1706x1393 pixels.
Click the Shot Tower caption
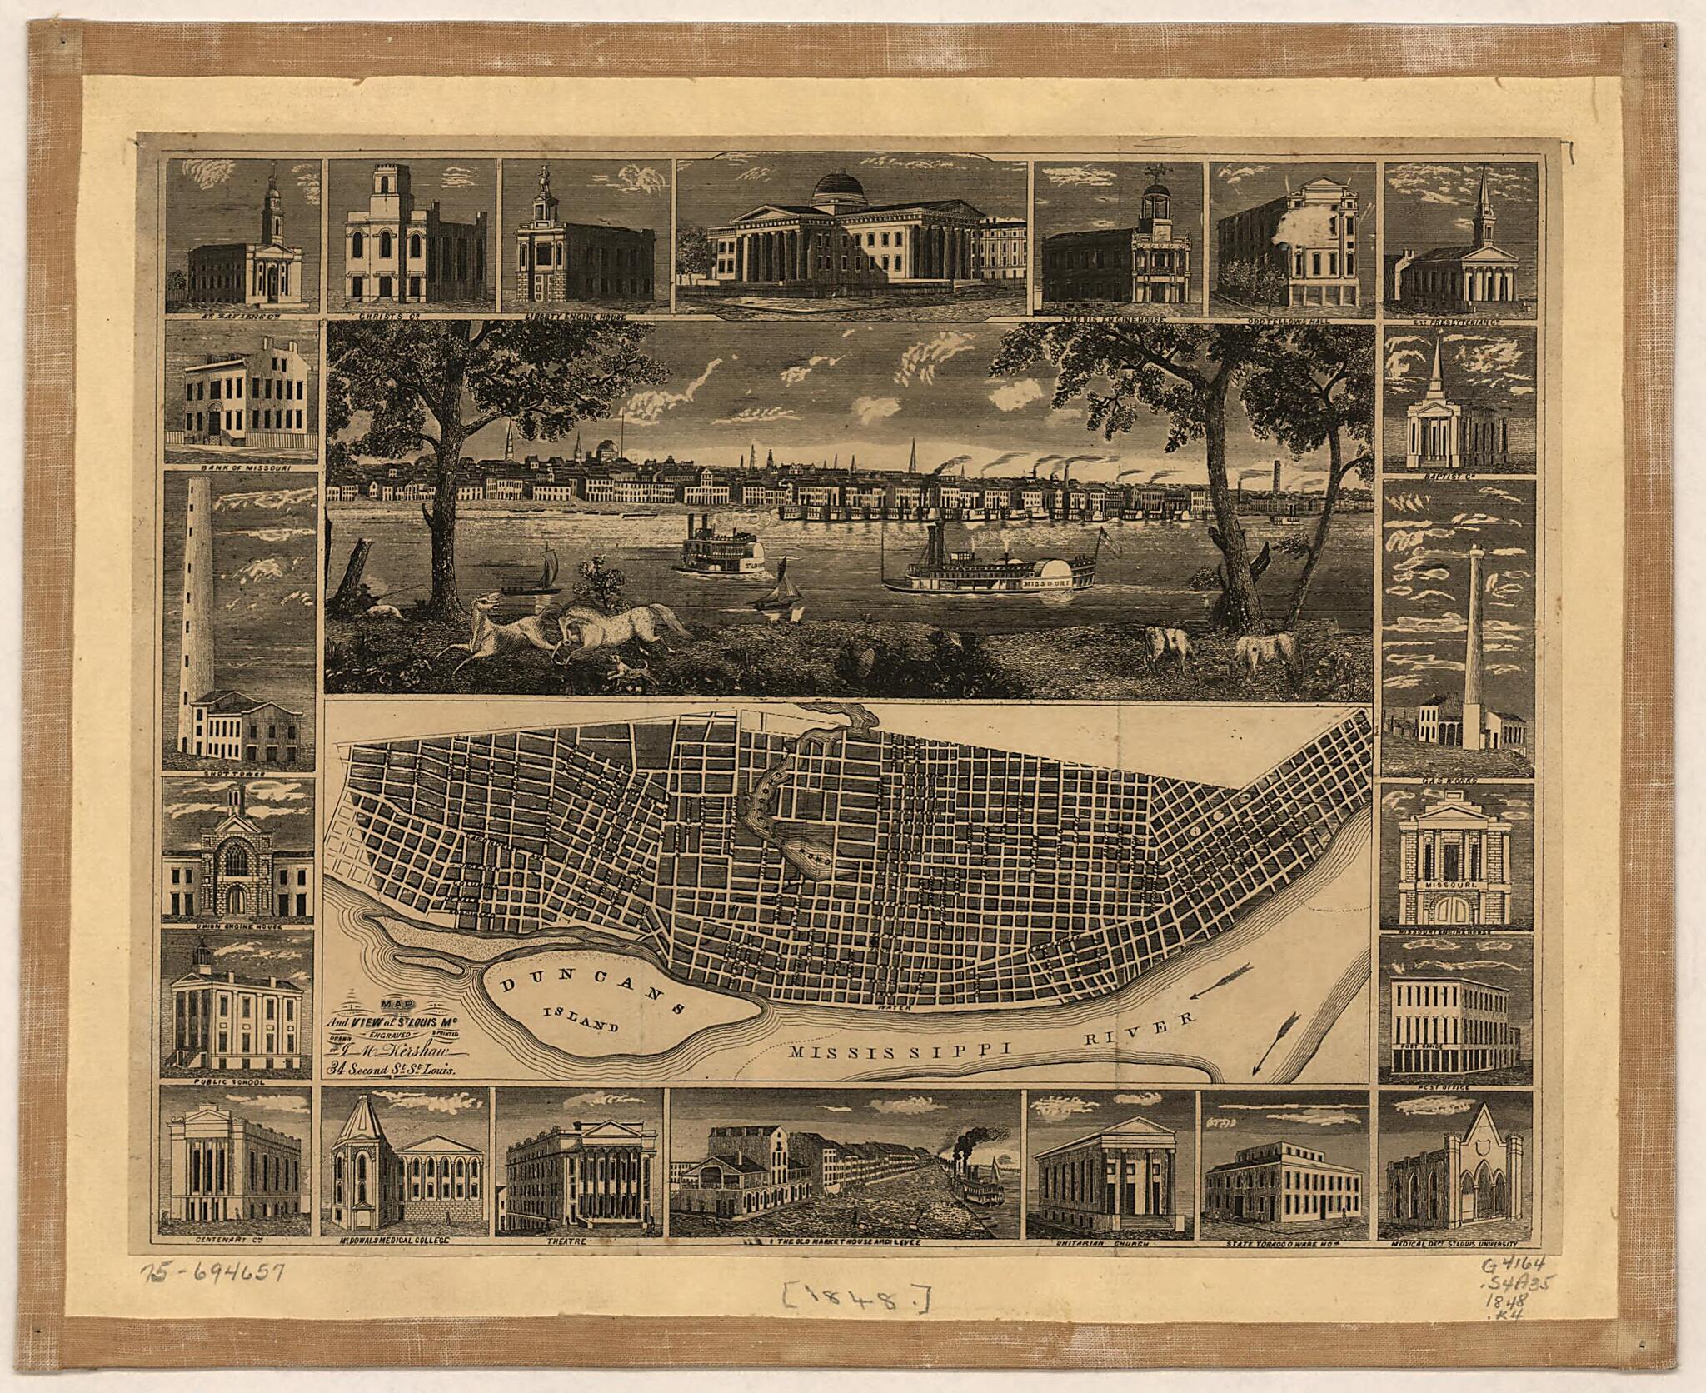click(240, 771)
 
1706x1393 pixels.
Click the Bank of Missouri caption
click(241, 467)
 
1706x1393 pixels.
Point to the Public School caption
click(240, 1082)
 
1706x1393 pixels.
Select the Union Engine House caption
click(240, 926)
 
